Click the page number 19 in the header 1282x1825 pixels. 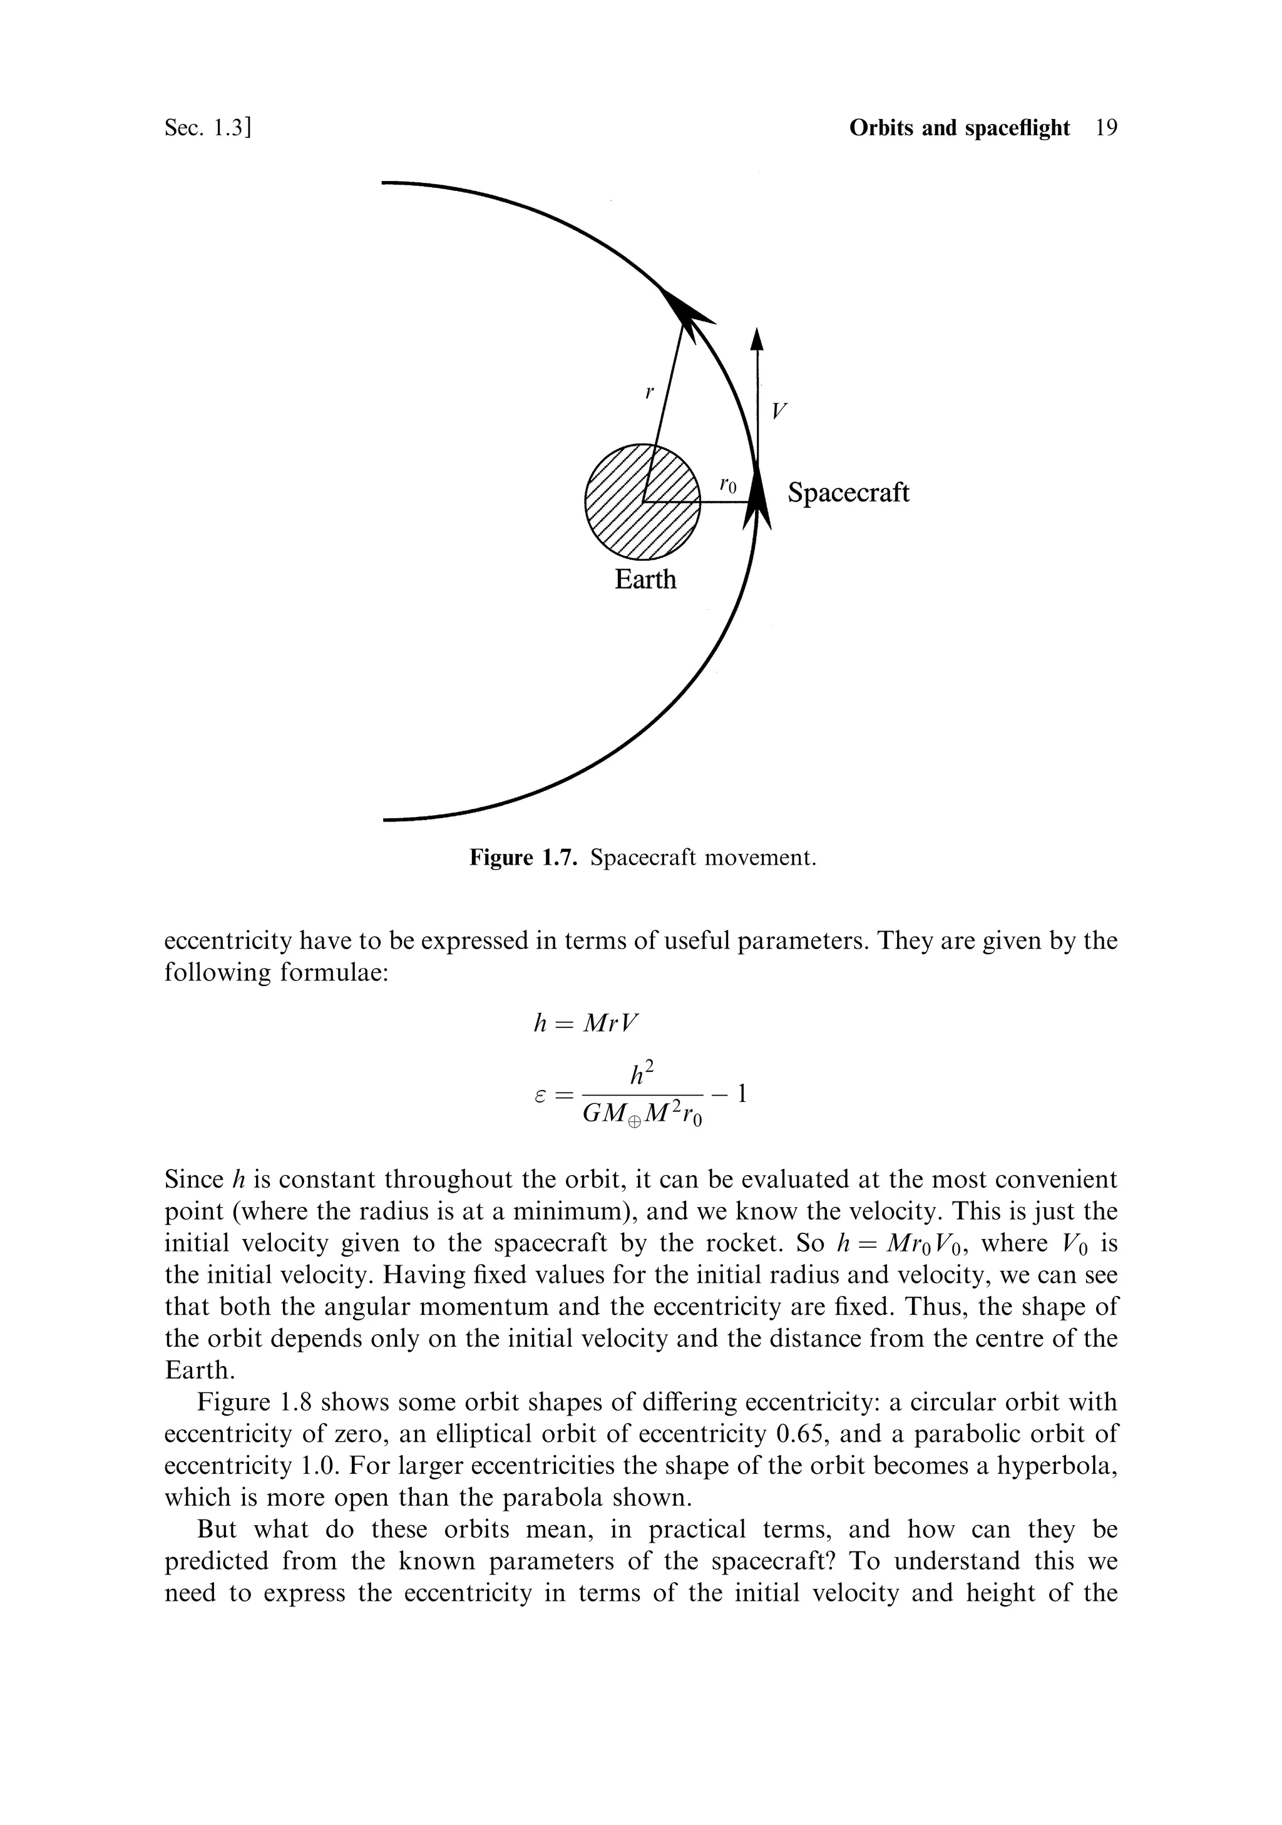point(1105,128)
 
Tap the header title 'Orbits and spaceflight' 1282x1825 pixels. point(960,128)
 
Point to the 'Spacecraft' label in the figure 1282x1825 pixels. point(848,493)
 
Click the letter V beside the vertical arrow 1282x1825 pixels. point(780,411)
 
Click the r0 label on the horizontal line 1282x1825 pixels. point(727,483)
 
